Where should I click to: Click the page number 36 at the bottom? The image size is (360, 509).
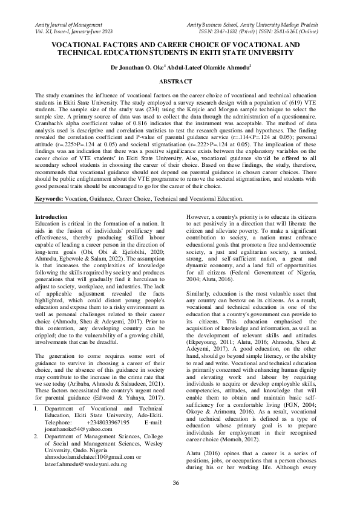(176, 482)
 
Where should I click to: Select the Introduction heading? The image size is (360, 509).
(52, 216)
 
